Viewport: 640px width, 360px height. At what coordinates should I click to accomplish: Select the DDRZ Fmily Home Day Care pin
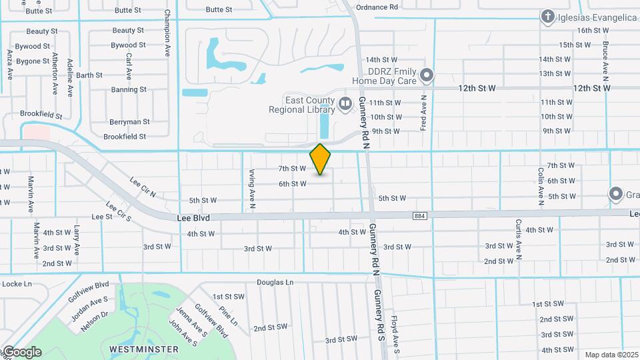click(x=427, y=75)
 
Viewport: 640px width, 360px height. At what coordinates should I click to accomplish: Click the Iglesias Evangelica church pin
click(x=548, y=17)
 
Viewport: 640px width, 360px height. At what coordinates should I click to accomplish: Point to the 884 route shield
click(x=419, y=216)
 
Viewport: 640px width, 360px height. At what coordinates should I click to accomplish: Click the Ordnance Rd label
click(x=377, y=7)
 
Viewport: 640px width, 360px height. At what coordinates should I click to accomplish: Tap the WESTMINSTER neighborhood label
click(x=143, y=349)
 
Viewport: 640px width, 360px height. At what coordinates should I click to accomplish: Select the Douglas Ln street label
click(x=276, y=283)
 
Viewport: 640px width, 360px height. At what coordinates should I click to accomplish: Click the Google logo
click(x=21, y=352)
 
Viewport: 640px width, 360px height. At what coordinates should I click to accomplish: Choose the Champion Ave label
click(x=167, y=37)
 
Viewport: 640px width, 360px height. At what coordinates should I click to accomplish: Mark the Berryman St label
click(x=129, y=122)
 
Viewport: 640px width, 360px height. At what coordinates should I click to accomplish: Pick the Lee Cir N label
click(x=143, y=191)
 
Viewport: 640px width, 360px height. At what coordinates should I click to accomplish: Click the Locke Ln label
click(x=17, y=284)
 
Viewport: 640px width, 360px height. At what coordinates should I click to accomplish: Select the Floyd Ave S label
click(x=395, y=333)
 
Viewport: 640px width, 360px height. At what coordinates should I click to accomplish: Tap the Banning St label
click(x=129, y=89)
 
